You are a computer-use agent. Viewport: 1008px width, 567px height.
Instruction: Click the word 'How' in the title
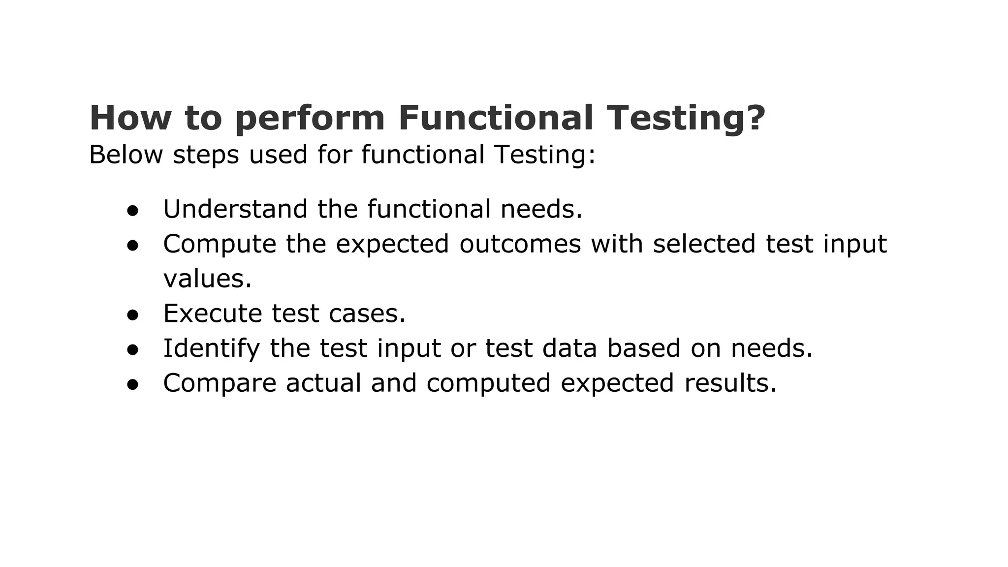(x=130, y=118)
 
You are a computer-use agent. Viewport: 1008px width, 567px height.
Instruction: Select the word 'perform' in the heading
(x=310, y=119)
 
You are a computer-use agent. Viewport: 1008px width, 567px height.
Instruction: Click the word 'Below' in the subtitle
(x=126, y=155)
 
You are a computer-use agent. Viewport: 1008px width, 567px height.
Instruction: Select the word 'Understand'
(x=235, y=209)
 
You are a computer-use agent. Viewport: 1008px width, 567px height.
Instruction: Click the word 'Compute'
(x=220, y=245)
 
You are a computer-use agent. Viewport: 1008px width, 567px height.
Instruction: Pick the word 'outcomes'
(x=520, y=244)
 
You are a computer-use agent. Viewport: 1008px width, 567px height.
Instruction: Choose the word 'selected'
(x=704, y=244)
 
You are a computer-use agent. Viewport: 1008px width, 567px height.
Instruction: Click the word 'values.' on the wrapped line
(x=207, y=279)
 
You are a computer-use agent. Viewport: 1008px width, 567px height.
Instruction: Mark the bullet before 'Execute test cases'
(x=132, y=315)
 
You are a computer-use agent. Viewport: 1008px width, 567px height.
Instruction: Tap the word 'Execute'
(x=213, y=314)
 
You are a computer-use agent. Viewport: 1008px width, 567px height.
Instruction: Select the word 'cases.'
(x=367, y=314)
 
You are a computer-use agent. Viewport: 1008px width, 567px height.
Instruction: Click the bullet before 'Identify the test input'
(x=132, y=350)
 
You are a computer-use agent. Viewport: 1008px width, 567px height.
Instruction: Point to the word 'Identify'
(x=211, y=349)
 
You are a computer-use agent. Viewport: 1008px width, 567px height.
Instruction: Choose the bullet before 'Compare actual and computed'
(x=132, y=385)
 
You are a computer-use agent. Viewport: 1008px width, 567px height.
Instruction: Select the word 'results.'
(x=730, y=383)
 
